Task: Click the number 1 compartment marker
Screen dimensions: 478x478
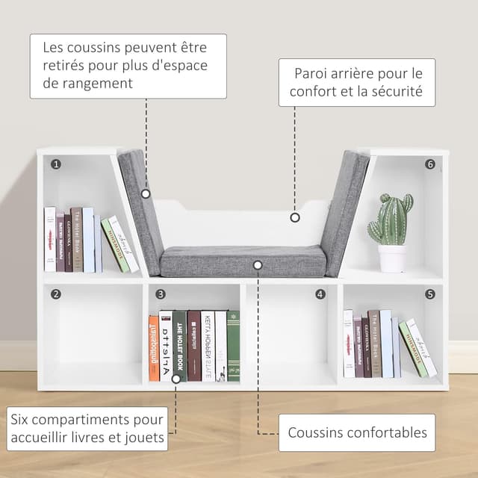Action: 56,164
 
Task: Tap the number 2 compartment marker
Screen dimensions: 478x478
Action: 56,294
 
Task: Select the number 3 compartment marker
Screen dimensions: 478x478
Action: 161,294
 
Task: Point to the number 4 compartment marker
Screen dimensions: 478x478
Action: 320,294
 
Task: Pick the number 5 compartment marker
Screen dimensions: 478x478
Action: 430,294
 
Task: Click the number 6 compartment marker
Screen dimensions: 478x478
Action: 430,164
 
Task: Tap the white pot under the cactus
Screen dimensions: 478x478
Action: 392,258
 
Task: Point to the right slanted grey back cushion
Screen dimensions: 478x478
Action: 345,213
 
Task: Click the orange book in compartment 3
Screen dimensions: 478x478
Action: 153,348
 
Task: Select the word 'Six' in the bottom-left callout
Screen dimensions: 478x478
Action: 22,420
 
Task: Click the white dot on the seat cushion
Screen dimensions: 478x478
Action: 258,264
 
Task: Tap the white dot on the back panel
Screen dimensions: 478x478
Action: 294,218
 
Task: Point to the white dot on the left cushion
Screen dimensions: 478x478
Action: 146,193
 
